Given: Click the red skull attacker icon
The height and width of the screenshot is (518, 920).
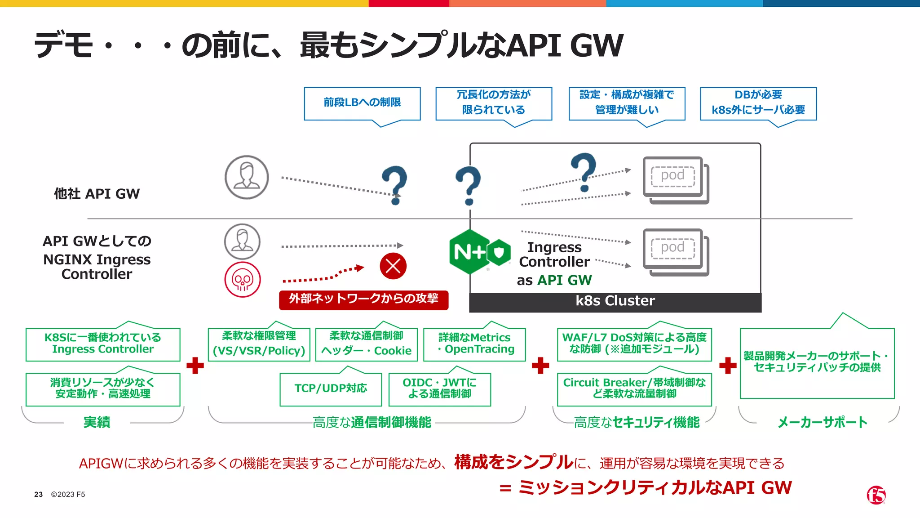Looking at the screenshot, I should tap(243, 280).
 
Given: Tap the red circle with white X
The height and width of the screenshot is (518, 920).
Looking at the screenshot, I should tap(393, 266).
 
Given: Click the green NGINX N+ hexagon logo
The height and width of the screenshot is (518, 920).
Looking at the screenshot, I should tap(470, 252).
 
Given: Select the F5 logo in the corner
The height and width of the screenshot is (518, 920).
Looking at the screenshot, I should tap(876, 495).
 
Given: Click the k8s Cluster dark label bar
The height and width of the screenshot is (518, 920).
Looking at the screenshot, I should tap(615, 301).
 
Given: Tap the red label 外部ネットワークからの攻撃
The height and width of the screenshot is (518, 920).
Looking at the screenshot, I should tap(363, 299).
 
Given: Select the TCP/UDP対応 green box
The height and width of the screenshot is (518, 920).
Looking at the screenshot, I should tap(331, 389).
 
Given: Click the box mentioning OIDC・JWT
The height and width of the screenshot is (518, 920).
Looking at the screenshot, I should tap(439, 389).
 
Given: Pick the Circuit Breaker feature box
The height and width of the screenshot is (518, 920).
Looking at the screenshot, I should tap(634, 389).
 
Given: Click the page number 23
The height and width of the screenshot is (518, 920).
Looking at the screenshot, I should tap(38, 495).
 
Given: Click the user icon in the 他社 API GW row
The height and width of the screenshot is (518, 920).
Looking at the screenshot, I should tap(247, 177).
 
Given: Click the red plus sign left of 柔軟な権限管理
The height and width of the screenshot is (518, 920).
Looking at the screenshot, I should tap(195, 366).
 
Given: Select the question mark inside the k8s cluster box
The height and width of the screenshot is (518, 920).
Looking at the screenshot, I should tap(584, 172).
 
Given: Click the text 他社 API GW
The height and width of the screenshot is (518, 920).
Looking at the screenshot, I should tap(97, 194).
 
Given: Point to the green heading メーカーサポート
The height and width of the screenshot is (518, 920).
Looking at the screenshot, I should tap(822, 422).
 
